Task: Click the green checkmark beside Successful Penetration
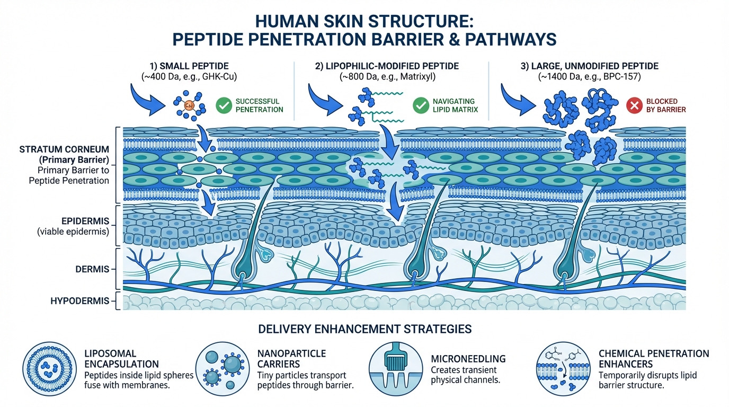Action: [x=224, y=105]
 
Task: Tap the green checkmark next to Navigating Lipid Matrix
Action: [x=421, y=105]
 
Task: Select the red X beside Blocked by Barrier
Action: [x=634, y=105]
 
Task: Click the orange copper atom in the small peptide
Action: [x=188, y=106]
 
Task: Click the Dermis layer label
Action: [x=94, y=269]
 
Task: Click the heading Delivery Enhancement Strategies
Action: [x=364, y=329]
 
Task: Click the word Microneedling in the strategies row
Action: [x=468, y=359]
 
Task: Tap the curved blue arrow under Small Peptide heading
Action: [x=146, y=101]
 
